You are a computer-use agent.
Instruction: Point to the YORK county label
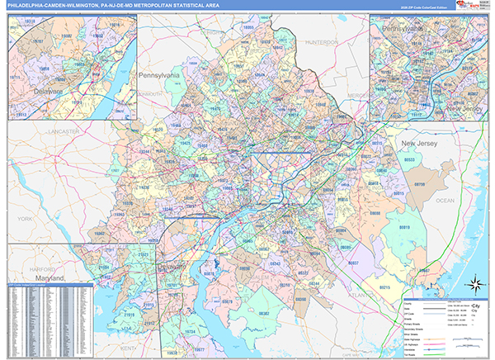pos(22,219)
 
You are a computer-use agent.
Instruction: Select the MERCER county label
pos(356,95)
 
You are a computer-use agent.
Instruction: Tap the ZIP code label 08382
pos(265,314)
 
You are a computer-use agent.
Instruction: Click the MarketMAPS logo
pos(474,7)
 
